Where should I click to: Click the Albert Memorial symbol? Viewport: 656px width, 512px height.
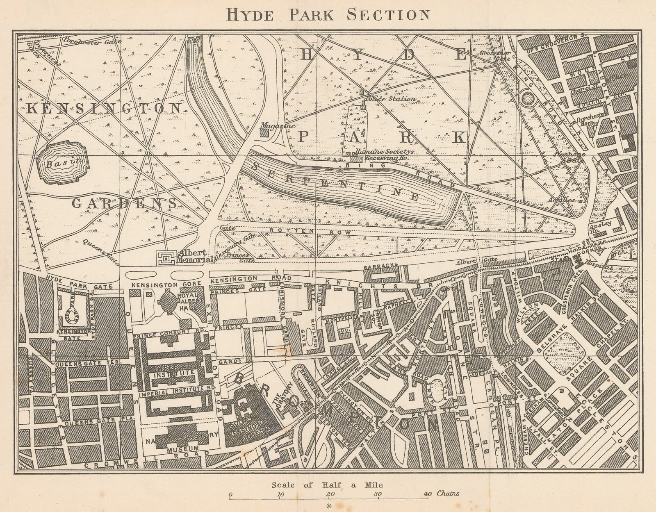[x=166, y=257]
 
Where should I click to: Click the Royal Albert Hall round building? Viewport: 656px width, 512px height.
[x=168, y=300]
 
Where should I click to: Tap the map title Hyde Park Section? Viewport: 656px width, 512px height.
[x=328, y=14]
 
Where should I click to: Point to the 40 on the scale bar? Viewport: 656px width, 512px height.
[x=427, y=494]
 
